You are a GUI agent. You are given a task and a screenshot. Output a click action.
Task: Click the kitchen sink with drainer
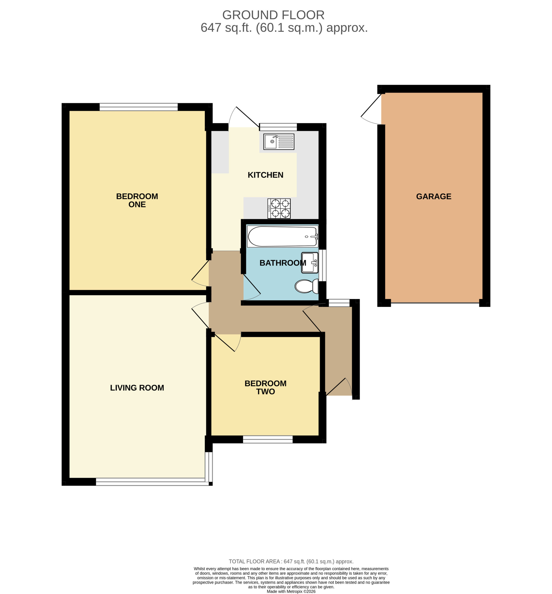(279, 142)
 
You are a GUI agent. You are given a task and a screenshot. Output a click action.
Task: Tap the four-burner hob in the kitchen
(279, 208)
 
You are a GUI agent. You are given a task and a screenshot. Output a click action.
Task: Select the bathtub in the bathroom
(282, 236)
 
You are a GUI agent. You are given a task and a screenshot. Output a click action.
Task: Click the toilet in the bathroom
(306, 286)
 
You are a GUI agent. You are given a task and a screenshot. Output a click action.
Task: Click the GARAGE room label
(434, 197)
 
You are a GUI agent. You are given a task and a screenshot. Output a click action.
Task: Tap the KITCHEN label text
(266, 175)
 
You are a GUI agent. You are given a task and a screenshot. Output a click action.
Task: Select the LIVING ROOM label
(137, 388)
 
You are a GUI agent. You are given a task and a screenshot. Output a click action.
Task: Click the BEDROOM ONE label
(137, 200)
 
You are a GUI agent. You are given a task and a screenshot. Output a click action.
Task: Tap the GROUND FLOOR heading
(273, 15)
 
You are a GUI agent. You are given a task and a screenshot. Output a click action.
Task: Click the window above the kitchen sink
(278, 127)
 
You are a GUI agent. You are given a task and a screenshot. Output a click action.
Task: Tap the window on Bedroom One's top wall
(139, 107)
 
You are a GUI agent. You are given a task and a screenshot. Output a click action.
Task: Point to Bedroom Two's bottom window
(268, 439)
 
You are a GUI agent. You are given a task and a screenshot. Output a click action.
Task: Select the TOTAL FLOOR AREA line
(291, 562)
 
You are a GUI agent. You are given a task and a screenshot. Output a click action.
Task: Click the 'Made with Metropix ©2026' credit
(291, 591)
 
